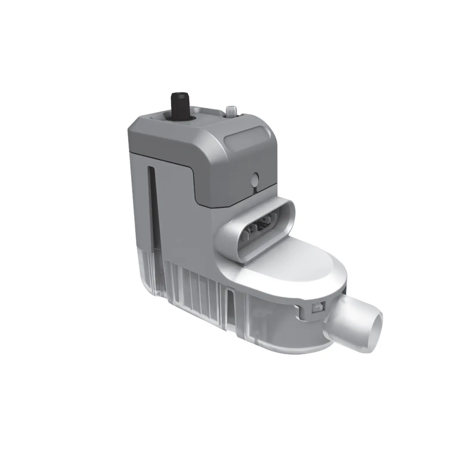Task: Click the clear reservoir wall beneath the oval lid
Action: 268,324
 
